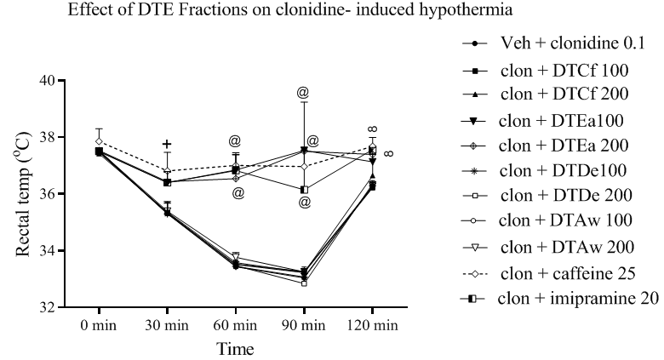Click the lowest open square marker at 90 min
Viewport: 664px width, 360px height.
[x=304, y=283]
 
